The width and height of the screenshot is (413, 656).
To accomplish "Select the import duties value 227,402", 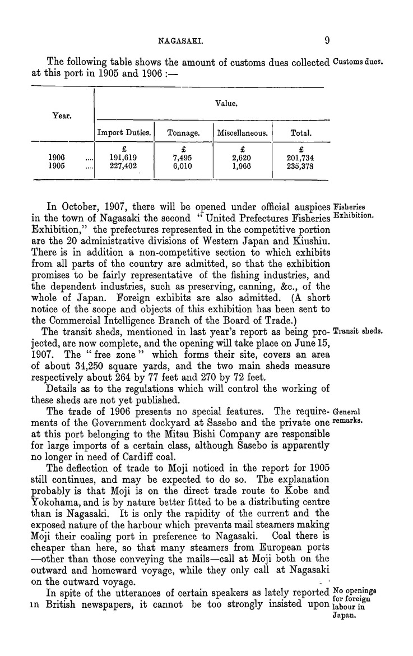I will (x=124, y=166).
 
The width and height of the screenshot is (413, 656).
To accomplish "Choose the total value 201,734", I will (x=300, y=158).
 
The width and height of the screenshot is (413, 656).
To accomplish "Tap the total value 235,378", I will (x=300, y=166).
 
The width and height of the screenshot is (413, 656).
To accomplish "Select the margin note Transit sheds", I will (x=358, y=331).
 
